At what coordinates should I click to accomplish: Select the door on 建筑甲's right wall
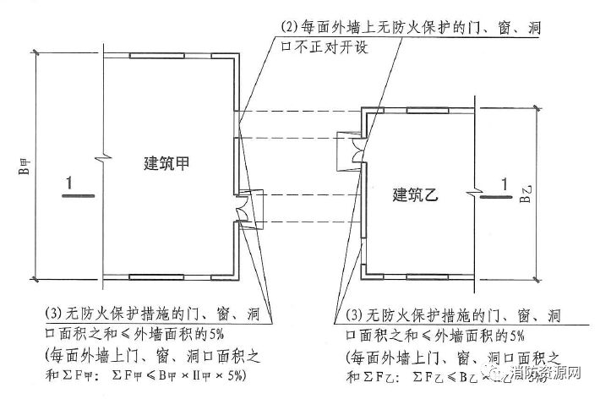(243, 206)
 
